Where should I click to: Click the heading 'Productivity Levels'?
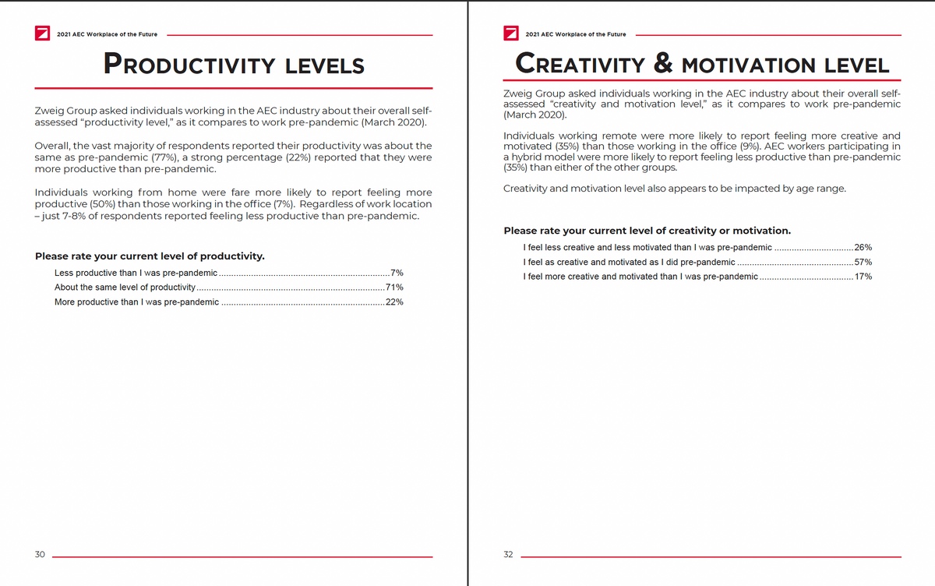point(235,64)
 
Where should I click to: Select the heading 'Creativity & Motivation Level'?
point(702,64)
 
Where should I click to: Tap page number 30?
point(40,554)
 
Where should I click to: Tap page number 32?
point(508,554)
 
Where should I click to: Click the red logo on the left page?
point(43,34)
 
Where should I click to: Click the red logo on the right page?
point(511,34)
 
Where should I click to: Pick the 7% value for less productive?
point(397,273)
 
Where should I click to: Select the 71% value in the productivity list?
point(394,288)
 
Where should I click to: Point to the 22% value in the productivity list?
point(394,302)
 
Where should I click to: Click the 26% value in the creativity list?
point(863,247)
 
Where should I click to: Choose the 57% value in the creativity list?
point(863,262)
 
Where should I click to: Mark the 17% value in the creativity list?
point(863,277)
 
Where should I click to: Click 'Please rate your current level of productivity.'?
point(150,256)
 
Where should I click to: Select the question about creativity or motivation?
point(647,231)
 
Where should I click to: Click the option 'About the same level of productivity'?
point(125,288)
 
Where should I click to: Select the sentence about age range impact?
point(675,189)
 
